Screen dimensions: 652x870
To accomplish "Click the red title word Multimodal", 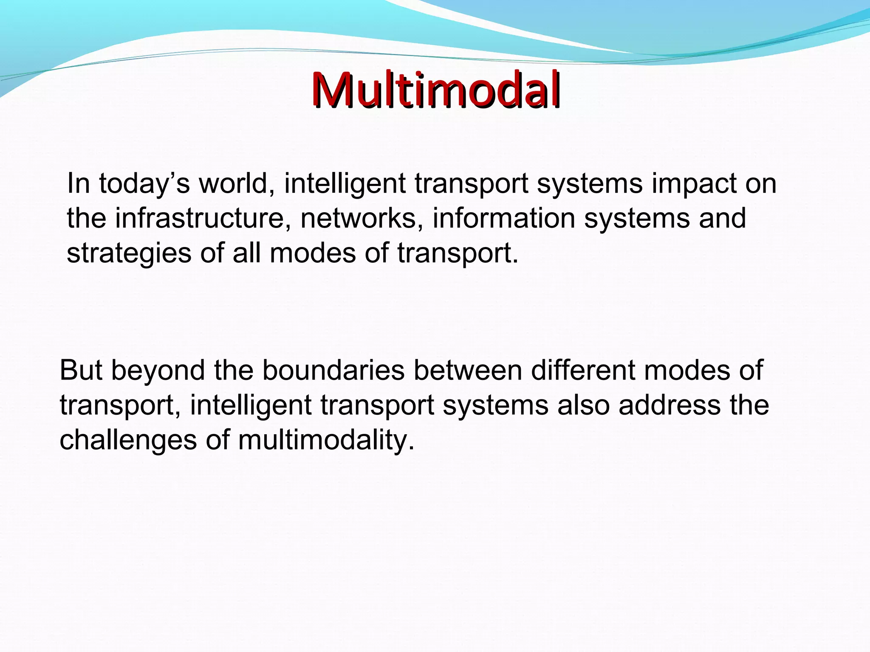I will click(x=436, y=90).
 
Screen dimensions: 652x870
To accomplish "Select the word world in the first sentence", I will click(x=236, y=183).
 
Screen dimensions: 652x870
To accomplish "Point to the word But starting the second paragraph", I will click(x=81, y=370).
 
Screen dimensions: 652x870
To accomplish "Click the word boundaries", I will click(x=333, y=370).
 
